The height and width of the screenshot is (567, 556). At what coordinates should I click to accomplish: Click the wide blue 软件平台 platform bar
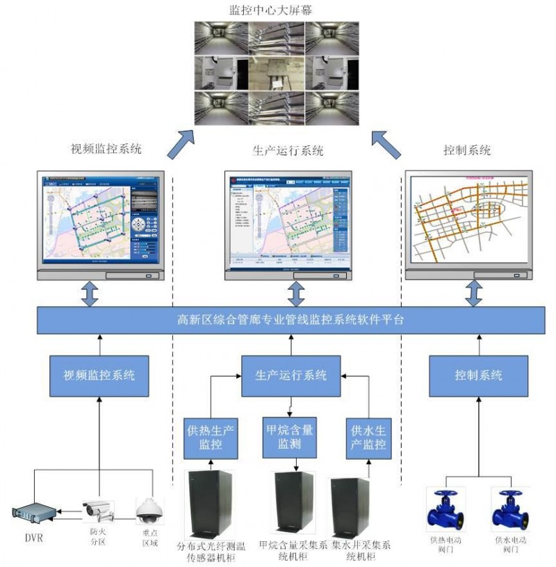[x=291, y=321]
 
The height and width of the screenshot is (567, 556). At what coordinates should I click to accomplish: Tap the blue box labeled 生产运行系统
[x=291, y=375]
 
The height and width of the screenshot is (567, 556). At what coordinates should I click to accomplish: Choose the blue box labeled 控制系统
[x=478, y=375]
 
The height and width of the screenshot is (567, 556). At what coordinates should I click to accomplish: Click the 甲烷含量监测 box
[x=291, y=436]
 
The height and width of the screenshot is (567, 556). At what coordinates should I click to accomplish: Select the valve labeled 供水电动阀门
[x=507, y=511]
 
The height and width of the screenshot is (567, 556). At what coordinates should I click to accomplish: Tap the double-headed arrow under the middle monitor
[x=297, y=294]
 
